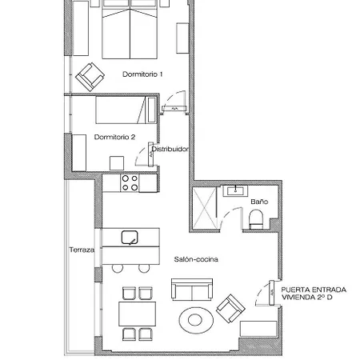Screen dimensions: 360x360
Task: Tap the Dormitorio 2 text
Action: pos(114,137)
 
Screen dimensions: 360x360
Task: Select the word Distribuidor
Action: pos(170,148)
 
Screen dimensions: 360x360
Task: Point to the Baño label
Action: pos(258,202)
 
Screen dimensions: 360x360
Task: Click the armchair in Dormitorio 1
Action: pos(90,76)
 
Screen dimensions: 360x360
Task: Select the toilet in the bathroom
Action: pos(258,224)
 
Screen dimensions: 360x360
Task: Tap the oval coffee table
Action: pos(196,320)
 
